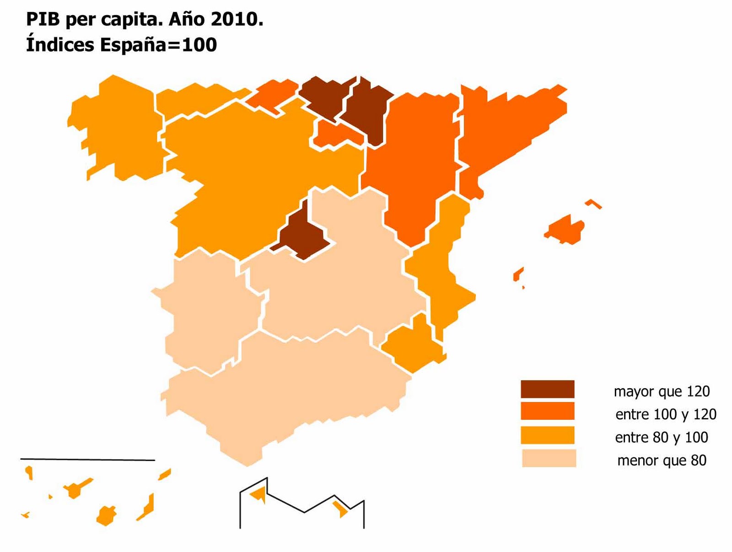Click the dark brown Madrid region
(x=302, y=236)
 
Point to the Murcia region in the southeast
(x=412, y=345)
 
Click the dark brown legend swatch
(x=547, y=389)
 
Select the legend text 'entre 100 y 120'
(x=666, y=414)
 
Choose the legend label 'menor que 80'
(x=662, y=460)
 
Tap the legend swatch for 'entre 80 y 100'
(x=547, y=435)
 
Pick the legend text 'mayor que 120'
(x=662, y=391)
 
